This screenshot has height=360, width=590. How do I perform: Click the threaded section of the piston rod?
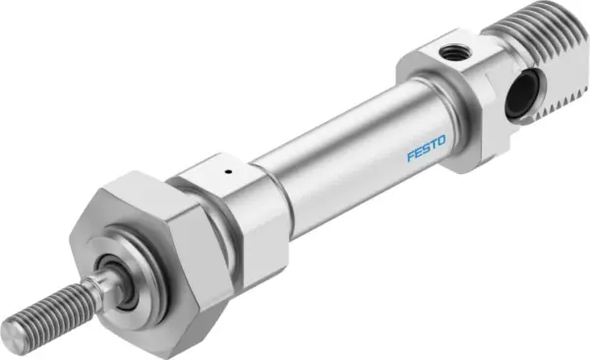(44, 304)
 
